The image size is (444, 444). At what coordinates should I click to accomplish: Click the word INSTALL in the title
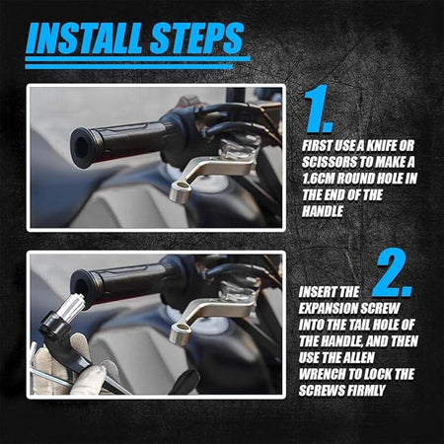click(x=86, y=38)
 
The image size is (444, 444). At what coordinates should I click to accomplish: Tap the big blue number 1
click(x=319, y=110)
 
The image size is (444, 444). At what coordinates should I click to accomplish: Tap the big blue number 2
click(x=393, y=274)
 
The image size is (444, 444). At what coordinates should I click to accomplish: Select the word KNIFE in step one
click(x=381, y=146)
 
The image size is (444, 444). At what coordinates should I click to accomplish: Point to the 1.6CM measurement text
click(x=318, y=179)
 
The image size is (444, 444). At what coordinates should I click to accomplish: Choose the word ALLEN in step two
click(x=357, y=358)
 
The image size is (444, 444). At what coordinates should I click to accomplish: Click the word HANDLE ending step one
click(x=323, y=211)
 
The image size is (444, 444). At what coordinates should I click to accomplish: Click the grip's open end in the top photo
click(x=81, y=147)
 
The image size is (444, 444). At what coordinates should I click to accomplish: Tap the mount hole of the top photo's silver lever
click(x=182, y=188)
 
